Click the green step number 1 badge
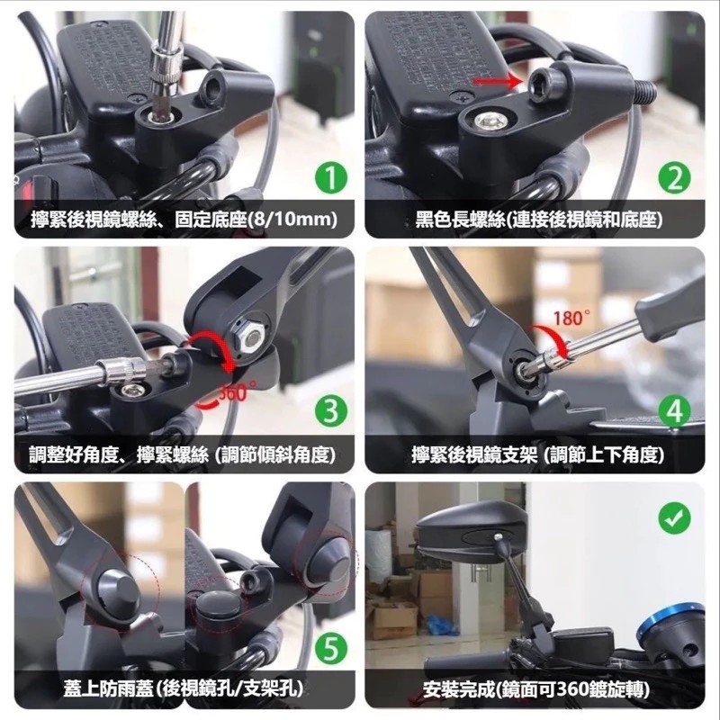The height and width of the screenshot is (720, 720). (330, 179)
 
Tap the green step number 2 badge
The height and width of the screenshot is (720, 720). (674, 179)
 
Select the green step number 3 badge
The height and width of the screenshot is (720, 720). (330, 411)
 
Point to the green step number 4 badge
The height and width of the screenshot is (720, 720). (674, 411)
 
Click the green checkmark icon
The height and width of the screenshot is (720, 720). (674, 518)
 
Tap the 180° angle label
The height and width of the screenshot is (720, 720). (571, 319)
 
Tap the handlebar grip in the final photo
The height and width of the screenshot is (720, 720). (463, 661)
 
